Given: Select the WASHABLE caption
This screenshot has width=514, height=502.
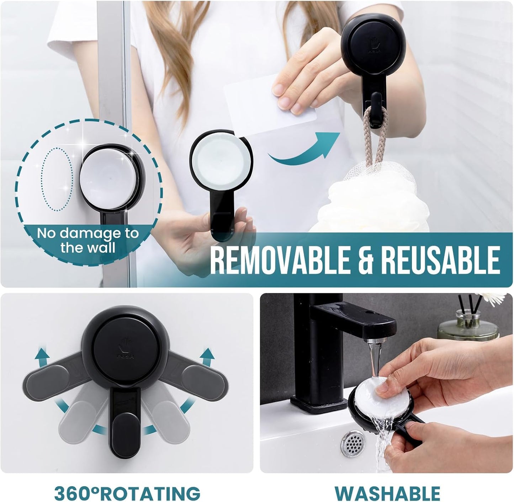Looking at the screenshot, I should [387, 493].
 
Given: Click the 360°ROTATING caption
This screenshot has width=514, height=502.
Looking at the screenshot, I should [127, 493].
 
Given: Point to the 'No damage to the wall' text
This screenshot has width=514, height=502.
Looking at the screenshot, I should [88, 240].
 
